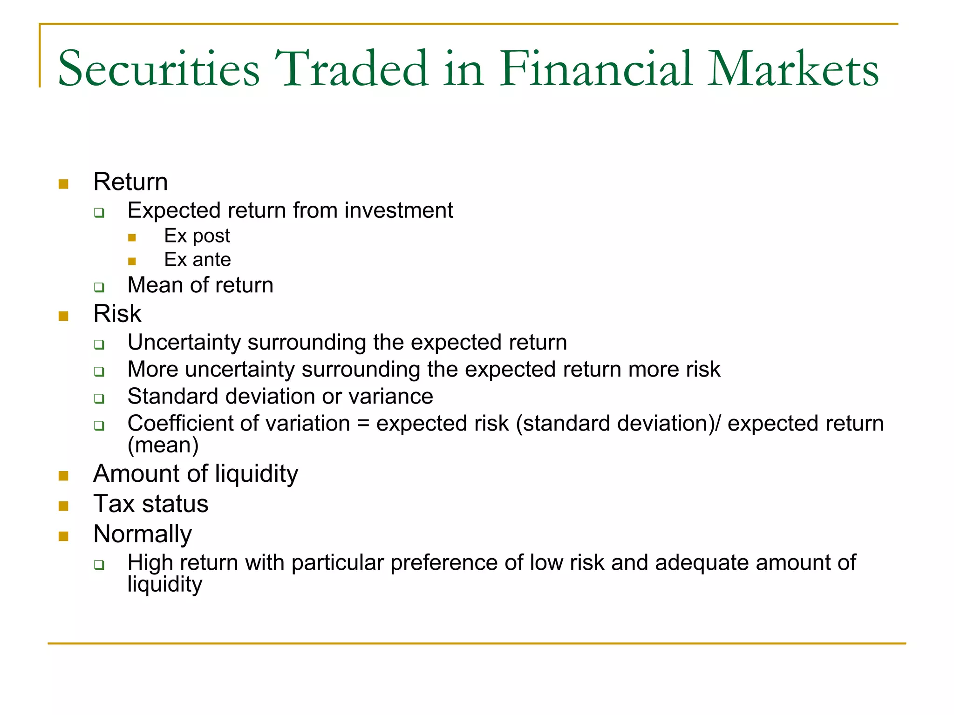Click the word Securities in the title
[158, 69]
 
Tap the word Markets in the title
[793, 69]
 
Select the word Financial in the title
[596, 69]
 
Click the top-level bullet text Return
[130, 182]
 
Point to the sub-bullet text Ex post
[197, 236]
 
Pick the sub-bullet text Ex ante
[198, 260]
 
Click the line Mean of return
[200, 285]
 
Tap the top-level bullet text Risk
[117, 313]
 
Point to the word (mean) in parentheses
[163, 445]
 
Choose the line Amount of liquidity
[196, 474]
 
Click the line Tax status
[151, 504]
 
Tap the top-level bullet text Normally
[143, 534]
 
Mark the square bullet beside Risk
[64, 317]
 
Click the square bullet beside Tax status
[64, 506]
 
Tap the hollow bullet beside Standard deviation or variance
[99, 398]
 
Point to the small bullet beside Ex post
[132, 238]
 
